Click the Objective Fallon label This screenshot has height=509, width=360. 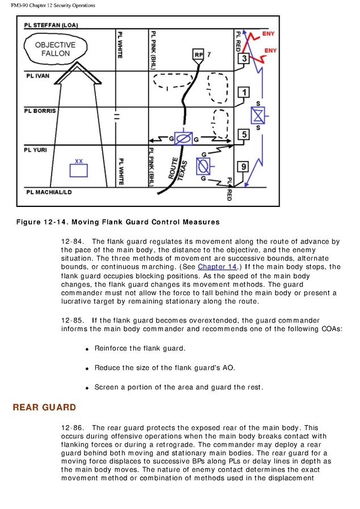point(55,49)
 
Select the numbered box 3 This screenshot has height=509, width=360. point(243,58)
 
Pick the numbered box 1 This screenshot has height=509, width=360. point(243,92)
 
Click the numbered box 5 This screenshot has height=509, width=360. point(243,134)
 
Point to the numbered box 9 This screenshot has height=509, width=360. point(243,166)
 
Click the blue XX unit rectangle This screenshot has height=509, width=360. point(79,170)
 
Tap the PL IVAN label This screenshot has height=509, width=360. point(38,75)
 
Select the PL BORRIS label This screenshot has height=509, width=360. point(40,111)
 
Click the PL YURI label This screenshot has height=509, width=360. point(36,150)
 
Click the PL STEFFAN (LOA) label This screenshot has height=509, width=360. point(51,26)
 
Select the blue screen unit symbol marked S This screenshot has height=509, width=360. point(258,116)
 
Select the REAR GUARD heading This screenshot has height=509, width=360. point(44,408)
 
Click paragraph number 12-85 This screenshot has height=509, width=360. point(73,320)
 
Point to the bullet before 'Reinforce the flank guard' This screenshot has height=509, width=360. point(87,349)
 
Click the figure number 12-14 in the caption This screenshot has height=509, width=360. point(54,221)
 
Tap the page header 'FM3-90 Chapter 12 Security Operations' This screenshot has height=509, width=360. point(53,6)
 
